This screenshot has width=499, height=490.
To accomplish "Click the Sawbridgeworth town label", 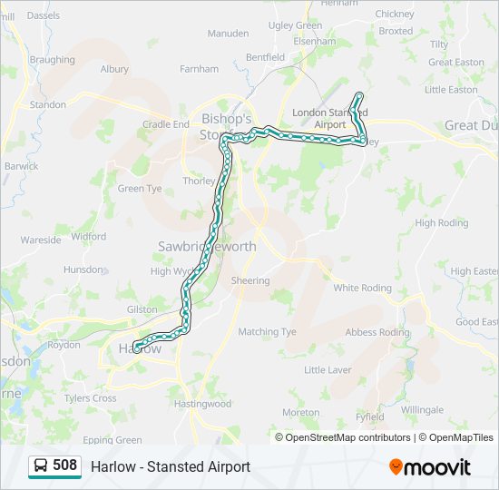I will (207, 247).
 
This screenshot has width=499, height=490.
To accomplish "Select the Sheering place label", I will (250, 280).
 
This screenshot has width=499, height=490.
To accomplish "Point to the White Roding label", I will (363, 288).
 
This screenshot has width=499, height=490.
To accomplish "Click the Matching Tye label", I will (267, 332).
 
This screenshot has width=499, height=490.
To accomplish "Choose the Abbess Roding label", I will (377, 332).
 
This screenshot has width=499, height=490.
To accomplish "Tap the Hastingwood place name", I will (203, 404).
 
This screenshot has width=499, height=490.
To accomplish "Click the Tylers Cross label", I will (90, 398).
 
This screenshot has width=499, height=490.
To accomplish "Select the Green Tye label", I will (139, 189).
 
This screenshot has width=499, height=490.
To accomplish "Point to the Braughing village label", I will (52, 60).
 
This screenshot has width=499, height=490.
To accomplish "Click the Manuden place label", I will (228, 34).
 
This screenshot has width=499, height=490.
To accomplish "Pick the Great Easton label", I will (456, 63).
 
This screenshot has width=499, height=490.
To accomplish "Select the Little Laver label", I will (328, 370).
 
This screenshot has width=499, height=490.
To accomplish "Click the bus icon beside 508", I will (41, 466).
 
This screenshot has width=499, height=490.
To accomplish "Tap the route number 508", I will (65, 465).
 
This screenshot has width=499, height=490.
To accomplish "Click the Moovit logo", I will (430, 467).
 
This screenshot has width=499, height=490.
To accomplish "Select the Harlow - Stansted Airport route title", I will (171, 466).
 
